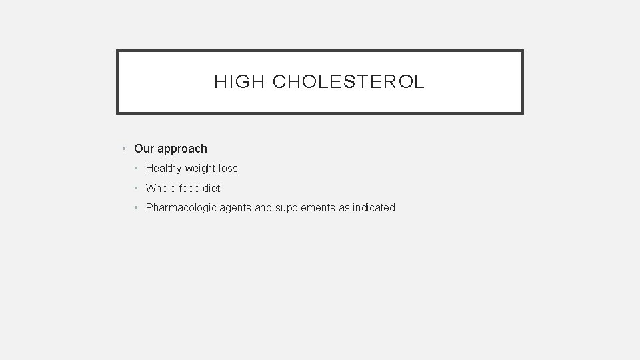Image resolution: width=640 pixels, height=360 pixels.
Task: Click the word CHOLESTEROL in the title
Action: click(348, 82)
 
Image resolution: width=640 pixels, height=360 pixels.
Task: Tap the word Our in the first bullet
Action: click(144, 149)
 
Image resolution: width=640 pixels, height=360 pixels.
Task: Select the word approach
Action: click(182, 149)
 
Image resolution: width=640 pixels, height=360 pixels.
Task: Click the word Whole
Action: click(161, 188)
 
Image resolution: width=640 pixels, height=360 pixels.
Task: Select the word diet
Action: click(212, 188)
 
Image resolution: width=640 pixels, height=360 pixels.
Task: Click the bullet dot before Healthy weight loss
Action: click(137, 169)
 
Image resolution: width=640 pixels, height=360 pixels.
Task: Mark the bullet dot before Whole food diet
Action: click(137, 188)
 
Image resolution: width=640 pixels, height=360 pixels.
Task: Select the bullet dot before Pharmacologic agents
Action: click(137, 208)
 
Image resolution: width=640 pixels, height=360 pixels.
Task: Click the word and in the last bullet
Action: click(263, 208)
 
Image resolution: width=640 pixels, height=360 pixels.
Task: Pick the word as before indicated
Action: click(345, 208)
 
